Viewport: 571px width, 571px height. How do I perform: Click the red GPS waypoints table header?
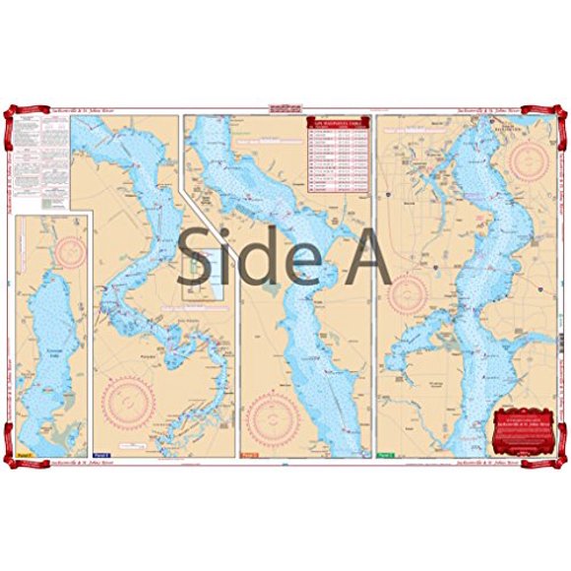point(339,123)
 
